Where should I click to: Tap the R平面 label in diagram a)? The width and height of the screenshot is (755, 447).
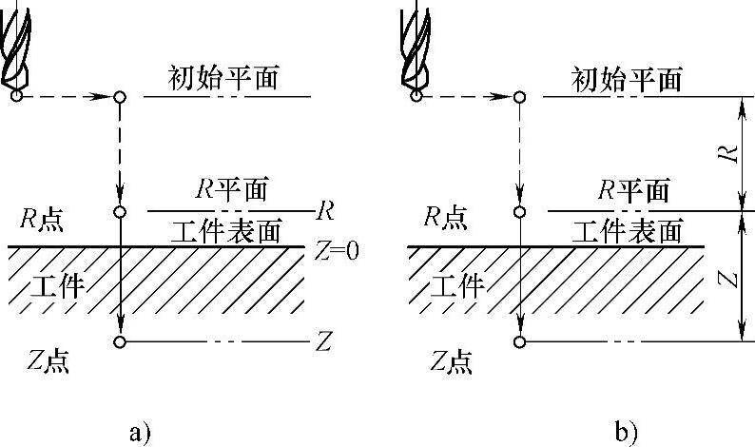click(231, 189)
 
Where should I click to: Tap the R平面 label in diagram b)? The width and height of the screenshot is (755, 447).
click(633, 189)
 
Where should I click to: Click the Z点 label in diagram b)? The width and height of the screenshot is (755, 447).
click(452, 360)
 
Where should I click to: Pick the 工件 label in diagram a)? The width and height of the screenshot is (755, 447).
click(56, 283)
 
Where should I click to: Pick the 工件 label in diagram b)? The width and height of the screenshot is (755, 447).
click(457, 283)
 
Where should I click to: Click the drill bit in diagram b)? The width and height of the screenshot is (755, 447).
click(416, 52)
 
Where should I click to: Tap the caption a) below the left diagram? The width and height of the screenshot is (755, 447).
click(140, 434)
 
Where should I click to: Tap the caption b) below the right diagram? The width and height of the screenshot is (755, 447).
click(626, 434)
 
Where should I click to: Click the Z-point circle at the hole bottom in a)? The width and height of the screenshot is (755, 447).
click(120, 342)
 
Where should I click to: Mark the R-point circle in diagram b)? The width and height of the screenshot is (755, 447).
click(520, 211)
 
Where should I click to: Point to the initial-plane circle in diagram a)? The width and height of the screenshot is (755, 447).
click(120, 97)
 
